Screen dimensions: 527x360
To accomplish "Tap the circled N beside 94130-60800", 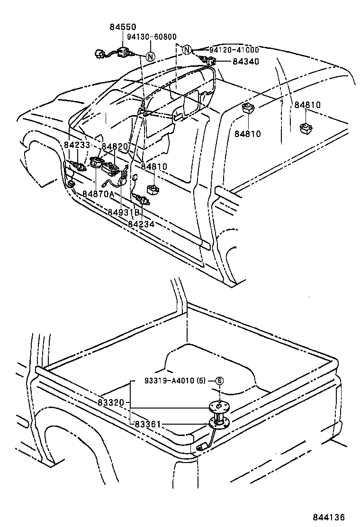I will point(150,56).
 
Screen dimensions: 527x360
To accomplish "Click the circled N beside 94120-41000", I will point(187,50).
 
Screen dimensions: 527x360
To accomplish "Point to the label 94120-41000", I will point(228,50).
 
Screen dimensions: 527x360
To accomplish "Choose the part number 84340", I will point(245,62).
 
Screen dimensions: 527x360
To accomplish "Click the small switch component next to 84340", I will point(210,61).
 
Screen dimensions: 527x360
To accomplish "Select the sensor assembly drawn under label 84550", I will point(118,53).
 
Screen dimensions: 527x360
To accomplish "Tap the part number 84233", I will point(77,145).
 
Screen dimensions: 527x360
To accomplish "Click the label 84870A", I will point(98,194).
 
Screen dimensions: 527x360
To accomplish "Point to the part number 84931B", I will point(124,212).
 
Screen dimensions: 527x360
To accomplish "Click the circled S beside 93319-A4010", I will point(219,381).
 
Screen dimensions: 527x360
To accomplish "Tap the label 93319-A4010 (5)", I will point(175,381).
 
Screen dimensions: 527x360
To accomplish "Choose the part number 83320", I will point(111,402).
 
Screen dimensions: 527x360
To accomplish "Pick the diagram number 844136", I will point(328,517).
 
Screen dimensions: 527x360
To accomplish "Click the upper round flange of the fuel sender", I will point(218,406).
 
